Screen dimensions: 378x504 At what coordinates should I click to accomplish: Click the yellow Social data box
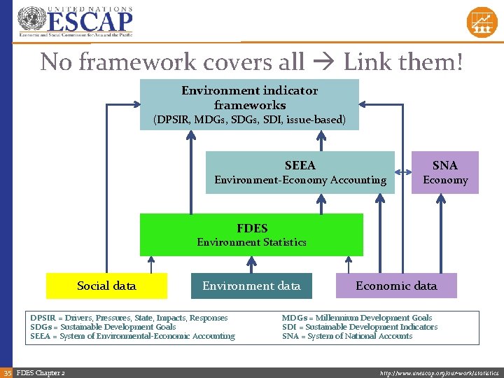[106, 286]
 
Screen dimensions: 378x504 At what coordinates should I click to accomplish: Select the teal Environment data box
[251, 286]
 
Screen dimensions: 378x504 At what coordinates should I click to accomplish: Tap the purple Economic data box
[396, 286]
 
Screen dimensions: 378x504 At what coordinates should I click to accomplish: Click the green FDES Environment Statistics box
[251, 235]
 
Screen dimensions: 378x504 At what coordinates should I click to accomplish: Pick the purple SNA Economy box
[444, 172]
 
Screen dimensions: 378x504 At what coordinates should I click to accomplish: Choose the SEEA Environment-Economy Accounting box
[300, 172]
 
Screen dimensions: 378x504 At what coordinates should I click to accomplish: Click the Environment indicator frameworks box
[249, 104]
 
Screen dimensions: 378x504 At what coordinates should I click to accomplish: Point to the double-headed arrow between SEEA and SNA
[402, 172]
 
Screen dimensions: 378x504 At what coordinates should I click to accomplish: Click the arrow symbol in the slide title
[324, 62]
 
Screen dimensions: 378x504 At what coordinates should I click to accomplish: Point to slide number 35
[6, 372]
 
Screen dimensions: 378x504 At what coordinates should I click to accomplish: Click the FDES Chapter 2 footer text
[41, 372]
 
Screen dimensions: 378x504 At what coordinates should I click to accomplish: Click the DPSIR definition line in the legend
[129, 318]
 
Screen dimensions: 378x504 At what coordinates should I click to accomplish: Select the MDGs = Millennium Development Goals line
[357, 318]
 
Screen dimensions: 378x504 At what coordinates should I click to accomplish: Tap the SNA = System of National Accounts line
[347, 336]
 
